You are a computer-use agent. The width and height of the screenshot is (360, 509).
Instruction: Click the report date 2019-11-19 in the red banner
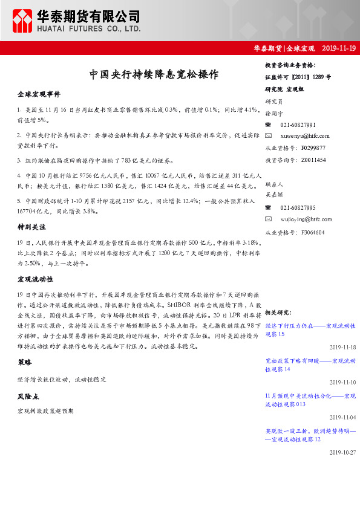339,48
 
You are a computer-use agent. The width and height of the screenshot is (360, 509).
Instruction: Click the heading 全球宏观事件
38,95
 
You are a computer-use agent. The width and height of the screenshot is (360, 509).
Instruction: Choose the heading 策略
25,361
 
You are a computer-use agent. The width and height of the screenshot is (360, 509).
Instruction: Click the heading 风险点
28,397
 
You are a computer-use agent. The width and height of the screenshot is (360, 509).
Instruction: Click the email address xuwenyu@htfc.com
305,136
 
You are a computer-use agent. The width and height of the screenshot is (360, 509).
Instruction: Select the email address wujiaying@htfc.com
306,219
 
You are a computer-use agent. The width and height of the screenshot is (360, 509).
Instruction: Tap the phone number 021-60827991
298,125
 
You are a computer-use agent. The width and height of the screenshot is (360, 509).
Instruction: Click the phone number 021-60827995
298,207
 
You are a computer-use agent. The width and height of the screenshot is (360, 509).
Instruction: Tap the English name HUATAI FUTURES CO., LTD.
88,28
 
